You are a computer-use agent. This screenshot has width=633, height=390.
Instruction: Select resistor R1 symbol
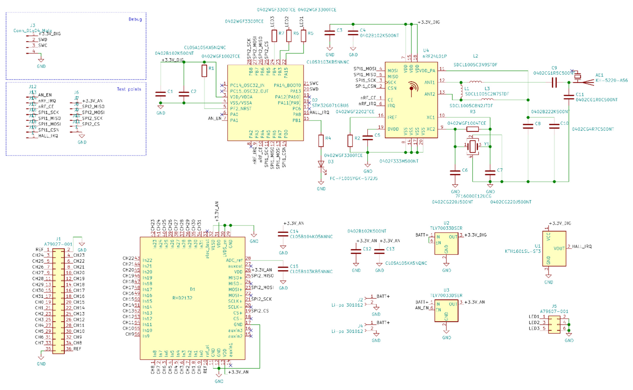(204, 71)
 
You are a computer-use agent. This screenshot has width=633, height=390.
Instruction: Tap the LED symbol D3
(321, 164)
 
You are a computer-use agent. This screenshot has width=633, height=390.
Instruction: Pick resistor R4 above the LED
(321, 141)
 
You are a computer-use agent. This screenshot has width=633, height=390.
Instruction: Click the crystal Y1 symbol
(472, 146)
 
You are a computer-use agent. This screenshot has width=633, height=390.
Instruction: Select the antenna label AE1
(599, 75)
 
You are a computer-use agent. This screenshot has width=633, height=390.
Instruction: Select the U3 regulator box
(446, 311)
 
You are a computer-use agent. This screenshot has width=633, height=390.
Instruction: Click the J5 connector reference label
(554, 306)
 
